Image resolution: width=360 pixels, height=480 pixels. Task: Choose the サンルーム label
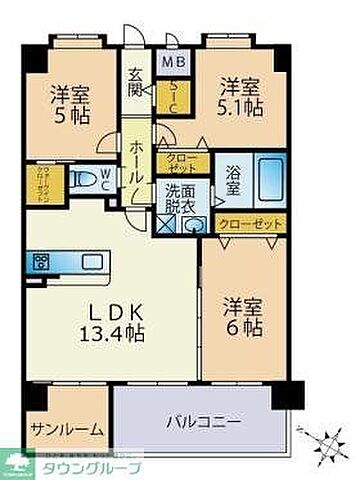tap(66, 429)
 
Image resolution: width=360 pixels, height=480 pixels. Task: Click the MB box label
tap(174, 62)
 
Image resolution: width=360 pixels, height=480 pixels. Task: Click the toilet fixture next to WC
tap(87, 184)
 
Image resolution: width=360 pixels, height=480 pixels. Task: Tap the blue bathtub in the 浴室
tap(263, 179)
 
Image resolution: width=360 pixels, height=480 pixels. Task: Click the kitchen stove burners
tap(43, 263)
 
